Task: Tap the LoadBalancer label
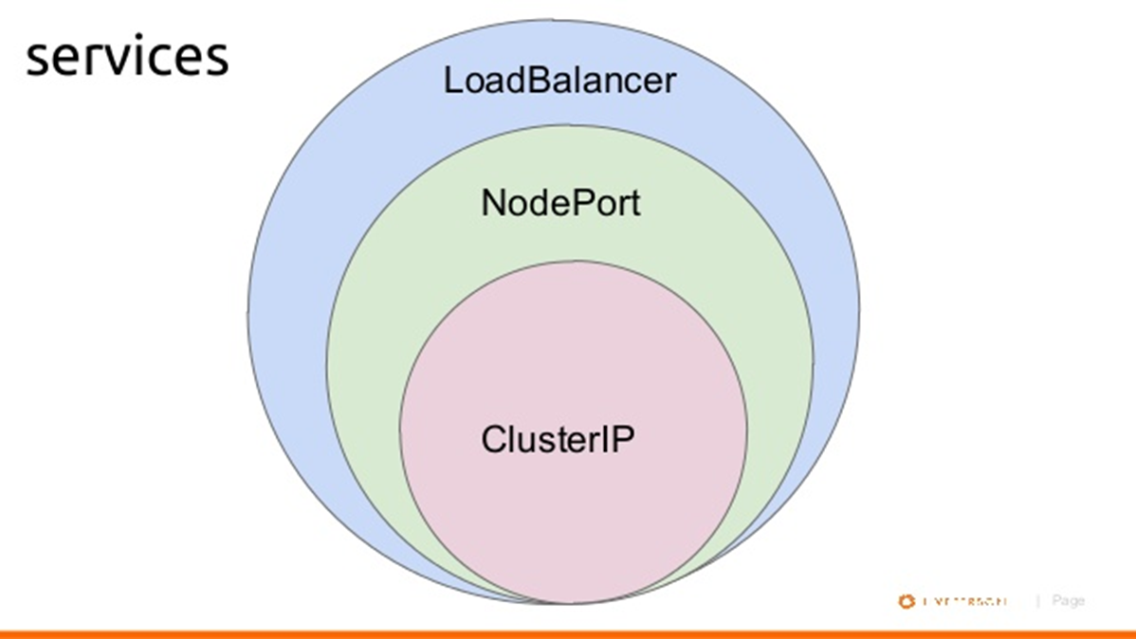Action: click(559, 80)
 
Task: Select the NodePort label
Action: click(560, 203)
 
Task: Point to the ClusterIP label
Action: click(558, 439)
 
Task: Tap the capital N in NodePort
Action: click(493, 203)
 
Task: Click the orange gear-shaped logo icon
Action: click(907, 601)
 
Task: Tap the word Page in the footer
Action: click(1068, 600)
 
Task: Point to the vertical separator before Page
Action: click(1037, 600)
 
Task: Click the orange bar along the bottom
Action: click(568, 633)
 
